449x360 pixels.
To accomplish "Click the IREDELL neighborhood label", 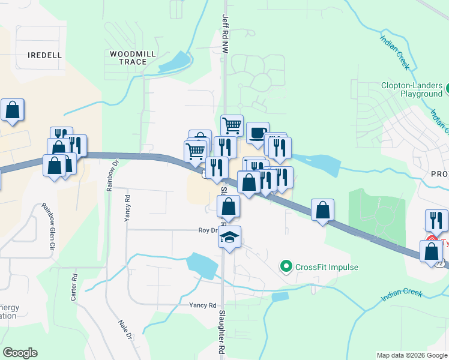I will pos(44,55).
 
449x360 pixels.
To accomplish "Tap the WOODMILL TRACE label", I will pos(133,58).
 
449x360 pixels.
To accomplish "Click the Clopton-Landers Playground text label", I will pos(411,89).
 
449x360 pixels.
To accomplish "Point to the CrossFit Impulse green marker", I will pos(286,266).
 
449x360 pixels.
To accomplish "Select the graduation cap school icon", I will pos(229,238).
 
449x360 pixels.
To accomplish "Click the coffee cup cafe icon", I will pos(258,133).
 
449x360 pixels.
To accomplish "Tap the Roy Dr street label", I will pos(207,230).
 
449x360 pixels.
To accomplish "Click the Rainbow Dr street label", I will pos(110,175).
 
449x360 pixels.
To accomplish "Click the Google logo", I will pos(20,353).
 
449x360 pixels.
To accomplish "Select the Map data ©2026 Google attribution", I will pos(412,355).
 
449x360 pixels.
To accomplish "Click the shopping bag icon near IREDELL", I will pos(13,110).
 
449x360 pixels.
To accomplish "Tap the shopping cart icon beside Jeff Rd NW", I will pos(232,126).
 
